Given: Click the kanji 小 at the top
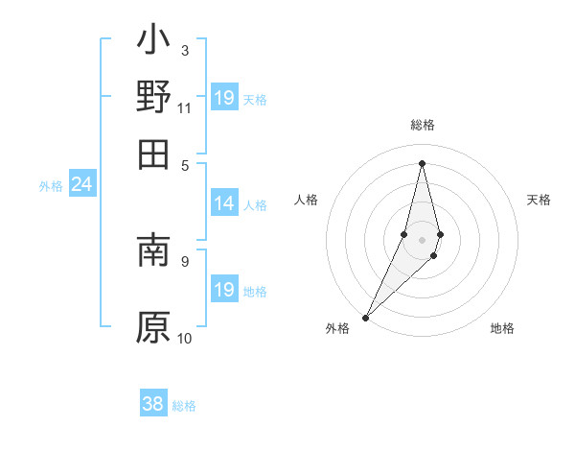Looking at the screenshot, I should (x=153, y=41).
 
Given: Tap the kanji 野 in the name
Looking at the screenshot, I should (x=153, y=98).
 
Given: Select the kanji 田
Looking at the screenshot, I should (x=153, y=154).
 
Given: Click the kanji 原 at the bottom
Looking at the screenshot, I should (x=153, y=326).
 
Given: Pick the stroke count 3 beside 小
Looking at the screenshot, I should (x=184, y=50).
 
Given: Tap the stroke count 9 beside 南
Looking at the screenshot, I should (x=184, y=260).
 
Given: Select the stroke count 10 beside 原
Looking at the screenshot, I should (x=185, y=338).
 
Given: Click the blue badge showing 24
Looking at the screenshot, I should (x=81, y=185).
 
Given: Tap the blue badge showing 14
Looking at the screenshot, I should (x=223, y=203).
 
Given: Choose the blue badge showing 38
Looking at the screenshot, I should (x=152, y=405).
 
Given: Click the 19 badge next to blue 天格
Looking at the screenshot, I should (x=223, y=98).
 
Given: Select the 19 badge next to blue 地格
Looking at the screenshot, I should (x=223, y=291).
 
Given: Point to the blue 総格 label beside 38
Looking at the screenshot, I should (x=184, y=406).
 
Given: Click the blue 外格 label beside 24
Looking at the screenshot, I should (x=50, y=186).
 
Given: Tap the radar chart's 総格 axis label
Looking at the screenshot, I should (x=422, y=125).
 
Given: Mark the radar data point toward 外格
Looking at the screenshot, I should (x=366, y=317).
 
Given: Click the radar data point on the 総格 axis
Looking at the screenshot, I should (x=422, y=163).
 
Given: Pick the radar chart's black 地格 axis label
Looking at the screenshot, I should (x=502, y=329).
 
